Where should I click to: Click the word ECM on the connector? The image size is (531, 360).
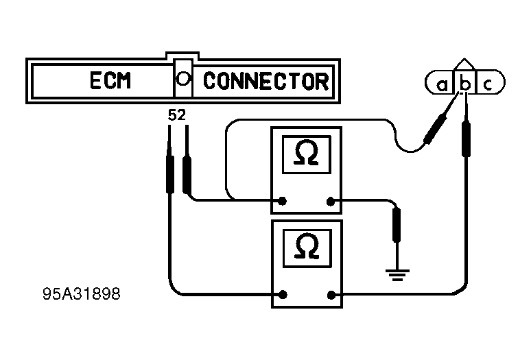point(110,80)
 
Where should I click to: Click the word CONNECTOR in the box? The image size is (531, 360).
point(265,81)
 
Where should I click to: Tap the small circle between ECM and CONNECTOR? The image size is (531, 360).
point(183,79)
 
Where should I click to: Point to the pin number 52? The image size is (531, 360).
point(177,116)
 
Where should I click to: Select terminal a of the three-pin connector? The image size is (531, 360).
point(442,85)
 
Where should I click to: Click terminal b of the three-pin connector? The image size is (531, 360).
point(466,84)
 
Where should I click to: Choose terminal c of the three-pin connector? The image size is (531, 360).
point(488,84)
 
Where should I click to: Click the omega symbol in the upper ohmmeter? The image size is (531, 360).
point(307,153)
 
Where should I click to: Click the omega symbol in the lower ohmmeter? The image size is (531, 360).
point(307,246)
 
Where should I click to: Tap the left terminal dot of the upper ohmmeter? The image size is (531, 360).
point(283,201)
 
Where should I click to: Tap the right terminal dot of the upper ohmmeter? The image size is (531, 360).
point(331,202)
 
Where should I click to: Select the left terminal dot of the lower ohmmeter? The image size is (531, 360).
point(283,295)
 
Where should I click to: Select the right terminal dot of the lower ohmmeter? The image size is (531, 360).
point(331,296)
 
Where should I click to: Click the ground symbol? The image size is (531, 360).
point(398,275)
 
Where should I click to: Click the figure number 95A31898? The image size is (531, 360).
point(82,294)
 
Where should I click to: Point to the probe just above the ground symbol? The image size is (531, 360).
point(397,225)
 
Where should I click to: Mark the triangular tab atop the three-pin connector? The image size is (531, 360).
point(464,64)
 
